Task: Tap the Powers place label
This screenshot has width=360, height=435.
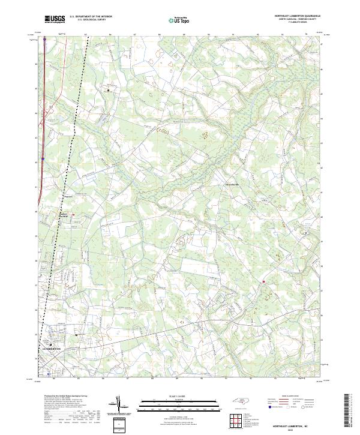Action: click(68, 196)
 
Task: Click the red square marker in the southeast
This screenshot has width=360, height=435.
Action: click(263, 281)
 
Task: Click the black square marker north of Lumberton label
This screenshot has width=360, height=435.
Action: click(77, 335)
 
